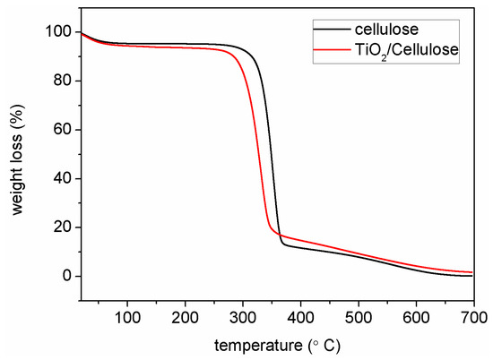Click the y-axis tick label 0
(67, 276)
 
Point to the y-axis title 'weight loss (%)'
(20, 153)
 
